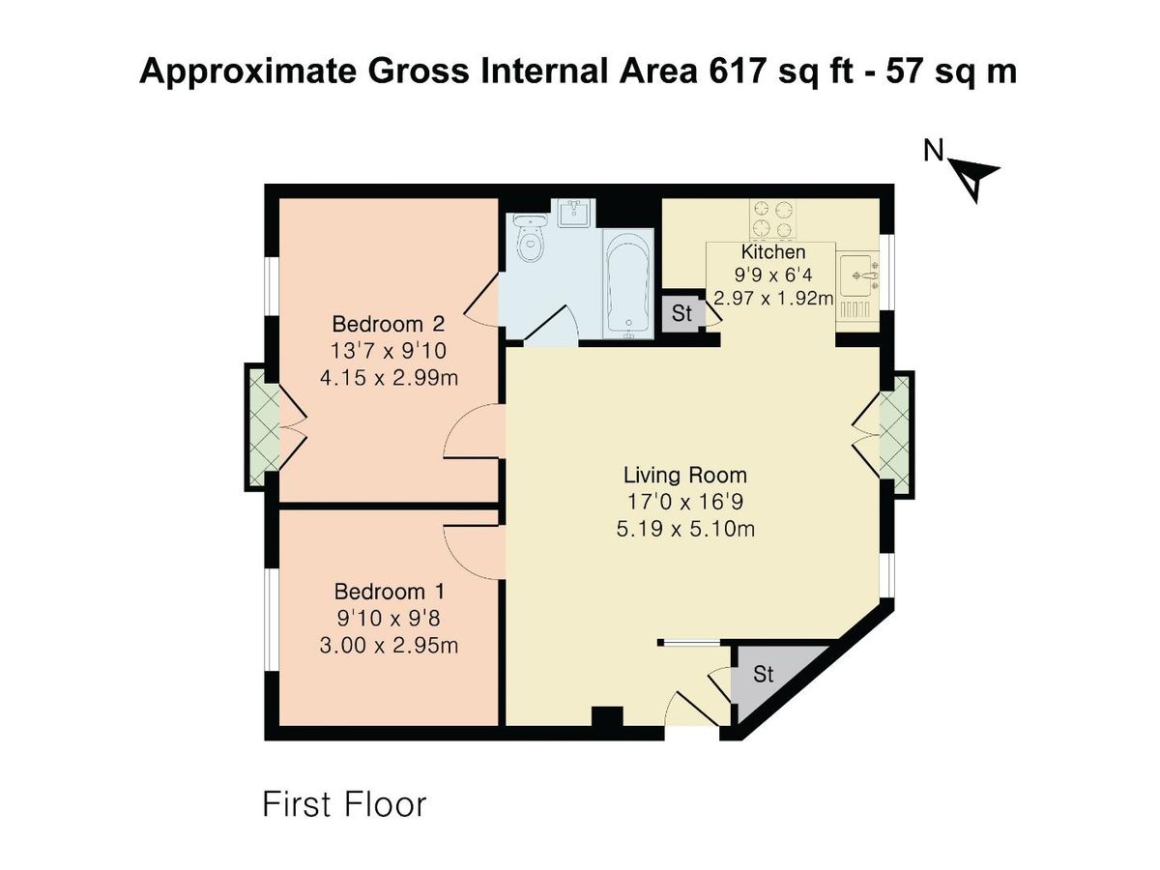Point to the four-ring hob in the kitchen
pyautogui.click(x=772, y=219)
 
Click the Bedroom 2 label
pyautogui.click(x=389, y=323)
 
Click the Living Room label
pyautogui.click(x=684, y=475)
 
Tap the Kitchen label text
pyautogui.click(x=772, y=252)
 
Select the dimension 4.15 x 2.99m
pyautogui.click(x=389, y=377)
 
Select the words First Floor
pyautogui.click(x=344, y=804)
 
